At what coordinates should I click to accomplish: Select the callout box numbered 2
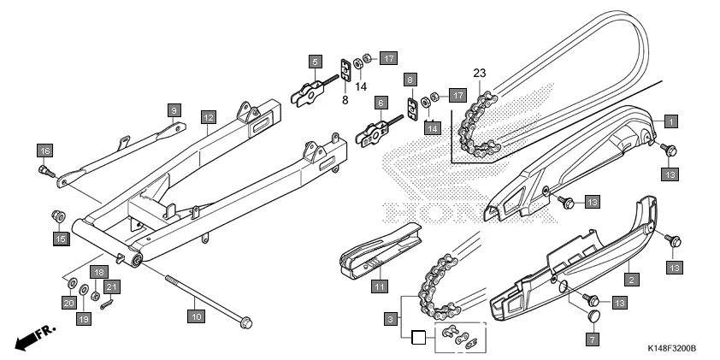631,279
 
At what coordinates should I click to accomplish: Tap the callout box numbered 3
390,319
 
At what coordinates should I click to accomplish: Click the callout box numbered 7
589,339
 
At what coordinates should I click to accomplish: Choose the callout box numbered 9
173,110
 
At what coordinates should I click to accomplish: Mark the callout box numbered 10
196,316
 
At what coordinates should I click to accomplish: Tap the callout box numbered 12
208,115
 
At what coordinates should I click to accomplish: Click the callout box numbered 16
44,150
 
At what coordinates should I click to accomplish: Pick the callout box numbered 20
68,302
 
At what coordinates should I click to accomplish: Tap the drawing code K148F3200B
672,349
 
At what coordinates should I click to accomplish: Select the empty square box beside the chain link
418,337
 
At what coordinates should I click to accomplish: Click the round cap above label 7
589,317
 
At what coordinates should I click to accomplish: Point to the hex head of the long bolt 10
245,322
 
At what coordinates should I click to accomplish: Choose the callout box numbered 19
84,319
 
